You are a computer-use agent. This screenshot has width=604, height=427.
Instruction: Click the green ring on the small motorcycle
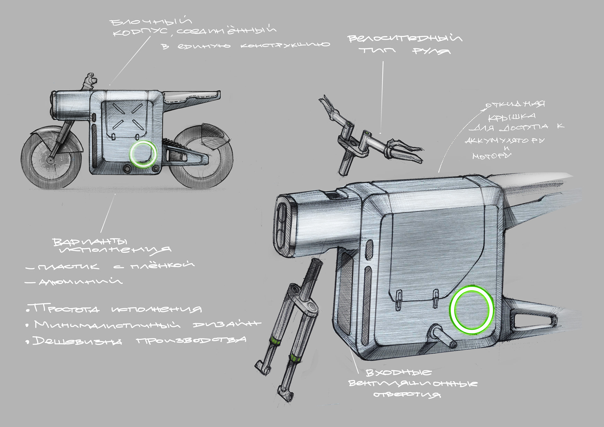click(x=143, y=154)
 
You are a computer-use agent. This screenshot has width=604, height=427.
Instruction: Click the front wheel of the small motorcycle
click(x=50, y=159)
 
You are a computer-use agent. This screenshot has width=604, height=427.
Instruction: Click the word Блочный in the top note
click(x=151, y=21)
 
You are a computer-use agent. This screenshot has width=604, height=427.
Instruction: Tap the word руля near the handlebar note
click(x=431, y=51)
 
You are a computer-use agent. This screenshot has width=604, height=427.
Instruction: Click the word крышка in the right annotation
click(x=512, y=117)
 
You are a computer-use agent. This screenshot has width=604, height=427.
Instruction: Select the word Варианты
click(x=90, y=242)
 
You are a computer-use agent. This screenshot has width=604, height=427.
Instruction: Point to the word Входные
click(x=399, y=373)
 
